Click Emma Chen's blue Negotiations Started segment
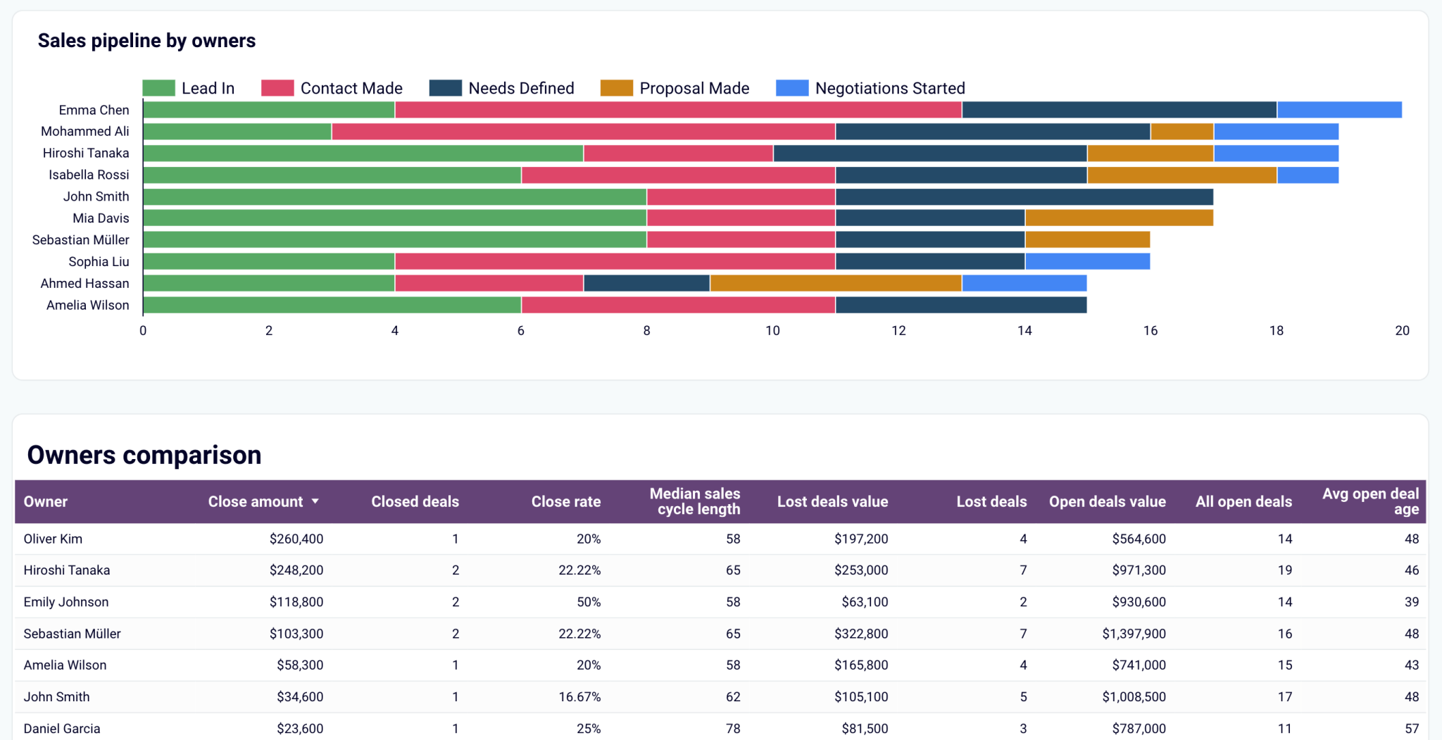(x=1339, y=110)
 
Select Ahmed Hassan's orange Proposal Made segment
(x=835, y=283)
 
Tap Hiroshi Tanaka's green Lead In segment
(x=363, y=153)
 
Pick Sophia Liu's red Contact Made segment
(x=615, y=262)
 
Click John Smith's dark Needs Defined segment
(x=1024, y=196)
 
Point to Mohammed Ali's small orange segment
(x=1181, y=132)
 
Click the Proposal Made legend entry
(x=675, y=88)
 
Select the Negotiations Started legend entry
(x=870, y=88)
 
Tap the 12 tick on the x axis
(x=898, y=330)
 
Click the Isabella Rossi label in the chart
(x=89, y=175)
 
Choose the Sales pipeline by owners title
(x=146, y=41)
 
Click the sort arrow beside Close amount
(x=315, y=501)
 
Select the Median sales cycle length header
(x=694, y=501)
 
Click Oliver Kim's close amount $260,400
(x=296, y=539)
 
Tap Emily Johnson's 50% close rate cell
(x=588, y=602)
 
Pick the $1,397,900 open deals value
(x=1134, y=634)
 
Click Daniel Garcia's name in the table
(x=62, y=728)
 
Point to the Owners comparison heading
(x=144, y=455)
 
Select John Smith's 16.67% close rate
(x=579, y=696)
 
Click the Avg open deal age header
(x=1370, y=501)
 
